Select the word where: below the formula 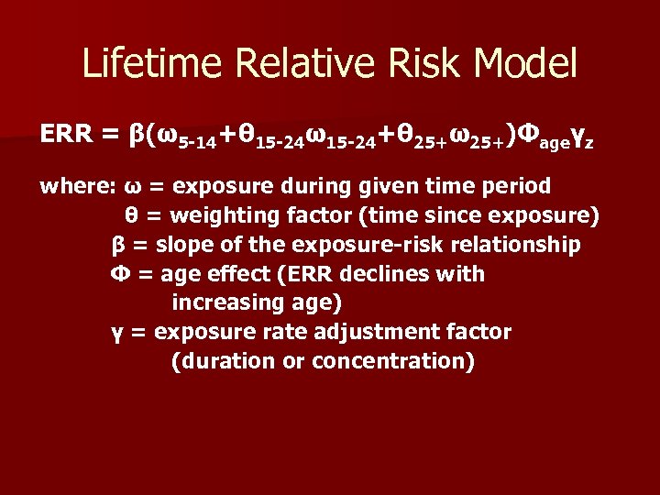pos(77,187)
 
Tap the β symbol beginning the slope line pos(117,245)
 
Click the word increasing pos(223,302)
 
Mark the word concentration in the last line pos(393,360)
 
